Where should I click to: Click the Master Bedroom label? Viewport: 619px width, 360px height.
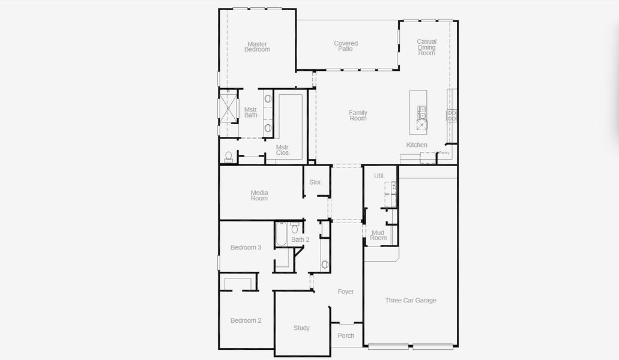click(257, 47)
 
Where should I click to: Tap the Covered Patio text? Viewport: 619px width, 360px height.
click(346, 46)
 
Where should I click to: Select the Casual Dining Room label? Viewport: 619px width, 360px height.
click(427, 47)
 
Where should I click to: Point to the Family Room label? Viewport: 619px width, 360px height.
click(358, 116)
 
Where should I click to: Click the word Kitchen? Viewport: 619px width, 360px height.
click(417, 145)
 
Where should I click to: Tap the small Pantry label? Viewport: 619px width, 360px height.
click(444, 153)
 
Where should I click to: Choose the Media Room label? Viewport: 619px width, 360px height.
click(259, 196)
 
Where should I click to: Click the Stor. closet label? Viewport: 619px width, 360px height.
click(316, 182)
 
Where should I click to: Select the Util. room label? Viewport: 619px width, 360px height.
click(379, 176)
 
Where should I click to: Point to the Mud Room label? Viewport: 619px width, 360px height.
click(378, 235)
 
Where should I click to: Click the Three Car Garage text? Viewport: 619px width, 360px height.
click(411, 301)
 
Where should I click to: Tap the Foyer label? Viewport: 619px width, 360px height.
click(346, 292)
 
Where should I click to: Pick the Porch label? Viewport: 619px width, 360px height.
click(346, 336)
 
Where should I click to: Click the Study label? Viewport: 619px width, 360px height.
click(301, 328)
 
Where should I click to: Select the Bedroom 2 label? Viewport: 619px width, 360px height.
click(246, 321)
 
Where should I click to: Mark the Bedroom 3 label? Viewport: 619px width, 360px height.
click(246, 248)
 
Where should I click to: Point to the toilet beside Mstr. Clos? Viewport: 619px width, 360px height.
click(228, 157)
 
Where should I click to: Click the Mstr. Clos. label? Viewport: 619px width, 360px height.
click(283, 150)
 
